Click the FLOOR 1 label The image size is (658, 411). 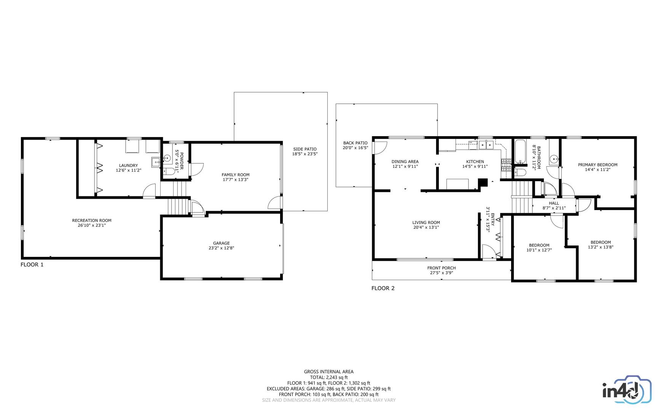[x=32, y=264]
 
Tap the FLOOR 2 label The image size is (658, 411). [x=383, y=288]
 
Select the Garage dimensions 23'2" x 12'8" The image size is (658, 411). [x=221, y=248]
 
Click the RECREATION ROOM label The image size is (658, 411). [x=92, y=220]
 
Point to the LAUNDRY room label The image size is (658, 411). [x=128, y=166]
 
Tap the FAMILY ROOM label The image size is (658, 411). [x=236, y=175]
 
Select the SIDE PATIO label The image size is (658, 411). [x=304, y=149]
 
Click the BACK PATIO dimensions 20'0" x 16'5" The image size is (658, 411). [x=355, y=148]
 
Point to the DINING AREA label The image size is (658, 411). [x=405, y=162]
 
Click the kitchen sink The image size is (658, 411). [x=486, y=145]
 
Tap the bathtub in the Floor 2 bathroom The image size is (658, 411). [x=519, y=152]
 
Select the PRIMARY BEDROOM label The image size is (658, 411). [x=597, y=165]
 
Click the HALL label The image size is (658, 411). [x=554, y=203]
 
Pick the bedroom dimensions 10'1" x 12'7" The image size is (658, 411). [x=539, y=250]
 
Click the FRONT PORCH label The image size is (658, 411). [x=441, y=268]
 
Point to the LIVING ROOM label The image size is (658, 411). [x=426, y=223]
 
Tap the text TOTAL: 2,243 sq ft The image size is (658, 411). [x=328, y=378]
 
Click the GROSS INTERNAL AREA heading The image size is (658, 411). [x=328, y=372]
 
